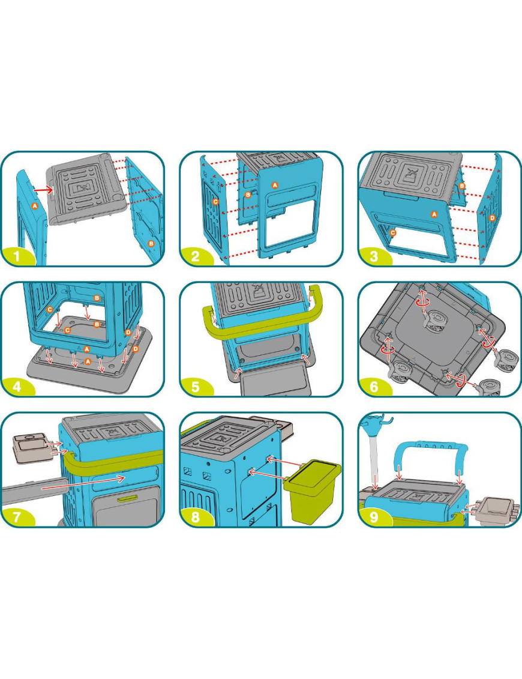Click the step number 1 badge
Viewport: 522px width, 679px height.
(x=17, y=256)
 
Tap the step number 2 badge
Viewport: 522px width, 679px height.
(x=196, y=256)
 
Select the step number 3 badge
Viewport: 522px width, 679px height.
(x=374, y=256)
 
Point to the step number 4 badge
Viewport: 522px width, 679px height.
(x=17, y=386)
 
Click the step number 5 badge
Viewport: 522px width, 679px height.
(x=196, y=386)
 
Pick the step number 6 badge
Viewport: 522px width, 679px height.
(x=374, y=386)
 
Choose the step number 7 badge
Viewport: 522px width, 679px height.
(x=17, y=517)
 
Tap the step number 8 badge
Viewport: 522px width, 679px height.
(x=196, y=517)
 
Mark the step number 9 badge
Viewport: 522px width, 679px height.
(x=374, y=517)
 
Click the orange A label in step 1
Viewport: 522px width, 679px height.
(x=35, y=206)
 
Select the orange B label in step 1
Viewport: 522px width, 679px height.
(x=151, y=243)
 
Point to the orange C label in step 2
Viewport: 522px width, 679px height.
(x=215, y=201)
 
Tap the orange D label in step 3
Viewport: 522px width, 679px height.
(x=492, y=218)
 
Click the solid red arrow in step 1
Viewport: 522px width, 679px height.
(x=43, y=189)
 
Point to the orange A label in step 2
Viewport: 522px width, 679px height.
(x=274, y=185)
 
